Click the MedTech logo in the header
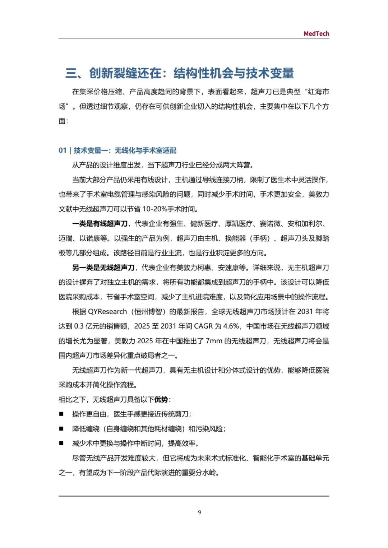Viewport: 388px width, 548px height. point(316,33)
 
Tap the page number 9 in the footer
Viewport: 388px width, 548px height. point(199,512)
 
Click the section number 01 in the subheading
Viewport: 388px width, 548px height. point(63,150)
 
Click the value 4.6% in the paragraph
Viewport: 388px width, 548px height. point(231,326)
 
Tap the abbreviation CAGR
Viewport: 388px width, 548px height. point(203,326)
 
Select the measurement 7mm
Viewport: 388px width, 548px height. point(214,341)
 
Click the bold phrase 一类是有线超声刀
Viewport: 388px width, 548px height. point(100,224)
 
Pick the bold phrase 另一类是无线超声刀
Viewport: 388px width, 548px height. point(103,268)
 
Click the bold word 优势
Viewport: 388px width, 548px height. point(161,400)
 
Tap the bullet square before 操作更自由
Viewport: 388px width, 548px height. point(61,414)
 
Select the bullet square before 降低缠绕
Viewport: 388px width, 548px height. point(61,429)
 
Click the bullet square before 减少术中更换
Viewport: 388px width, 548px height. point(61,443)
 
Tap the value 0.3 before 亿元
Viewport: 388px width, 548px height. point(79,326)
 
